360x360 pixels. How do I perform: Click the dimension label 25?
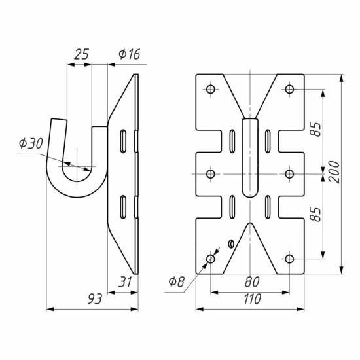click(x=81, y=54)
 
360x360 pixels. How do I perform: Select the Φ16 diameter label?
click(x=129, y=54)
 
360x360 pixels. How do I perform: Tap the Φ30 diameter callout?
click(x=31, y=143)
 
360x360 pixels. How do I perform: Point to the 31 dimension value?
click(x=126, y=281)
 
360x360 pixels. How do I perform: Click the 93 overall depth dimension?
click(x=95, y=299)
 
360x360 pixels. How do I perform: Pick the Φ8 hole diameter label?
click(x=176, y=281)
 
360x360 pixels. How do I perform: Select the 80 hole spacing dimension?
click(x=252, y=281)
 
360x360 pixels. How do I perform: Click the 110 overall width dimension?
click(x=252, y=298)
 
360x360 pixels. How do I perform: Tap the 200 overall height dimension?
click(x=334, y=171)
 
